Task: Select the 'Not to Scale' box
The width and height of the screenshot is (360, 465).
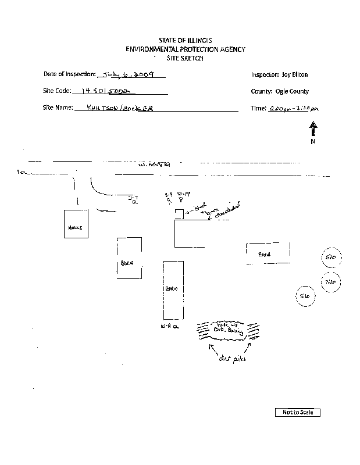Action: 297,412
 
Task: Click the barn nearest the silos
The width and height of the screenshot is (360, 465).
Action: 266,253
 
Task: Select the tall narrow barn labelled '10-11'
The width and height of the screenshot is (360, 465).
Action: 173,289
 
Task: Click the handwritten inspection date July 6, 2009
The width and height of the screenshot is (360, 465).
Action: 132,75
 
